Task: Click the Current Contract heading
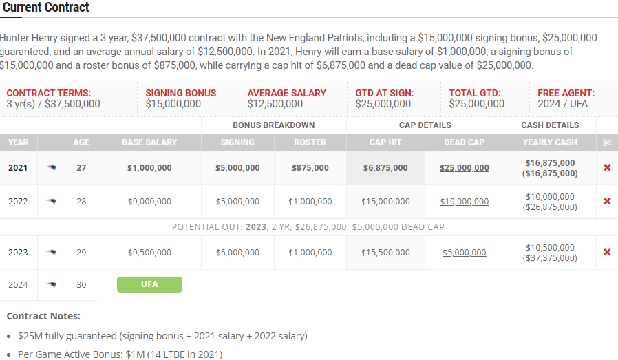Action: tap(46, 8)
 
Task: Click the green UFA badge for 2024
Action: tap(149, 284)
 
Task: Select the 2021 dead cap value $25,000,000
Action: tap(465, 168)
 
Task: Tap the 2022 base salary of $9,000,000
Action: tap(149, 202)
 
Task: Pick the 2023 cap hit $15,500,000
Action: tap(385, 253)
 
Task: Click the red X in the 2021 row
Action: tap(607, 168)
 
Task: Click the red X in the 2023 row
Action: tap(607, 252)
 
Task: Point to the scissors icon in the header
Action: tap(606, 142)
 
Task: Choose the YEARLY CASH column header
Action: tap(550, 142)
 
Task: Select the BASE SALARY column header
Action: tap(149, 142)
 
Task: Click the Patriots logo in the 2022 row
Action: tap(52, 202)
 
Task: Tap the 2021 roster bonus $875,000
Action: tap(310, 168)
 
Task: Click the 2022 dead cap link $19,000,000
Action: tap(465, 202)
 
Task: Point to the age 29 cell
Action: tap(81, 253)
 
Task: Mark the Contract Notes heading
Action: tap(43, 316)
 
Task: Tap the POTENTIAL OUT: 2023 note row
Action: tap(308, 227)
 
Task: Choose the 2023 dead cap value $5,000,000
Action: tap(465, 253)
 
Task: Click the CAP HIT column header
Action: tap(385, 142)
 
